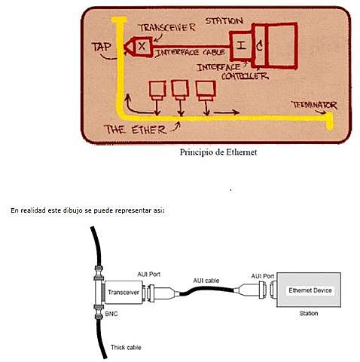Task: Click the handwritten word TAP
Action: pyautogui.click(x=101, y=46)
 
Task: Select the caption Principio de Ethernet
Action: pyautogui.click(x=218, y=151)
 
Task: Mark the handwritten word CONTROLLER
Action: pyautogui.click(x=234, y=76)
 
